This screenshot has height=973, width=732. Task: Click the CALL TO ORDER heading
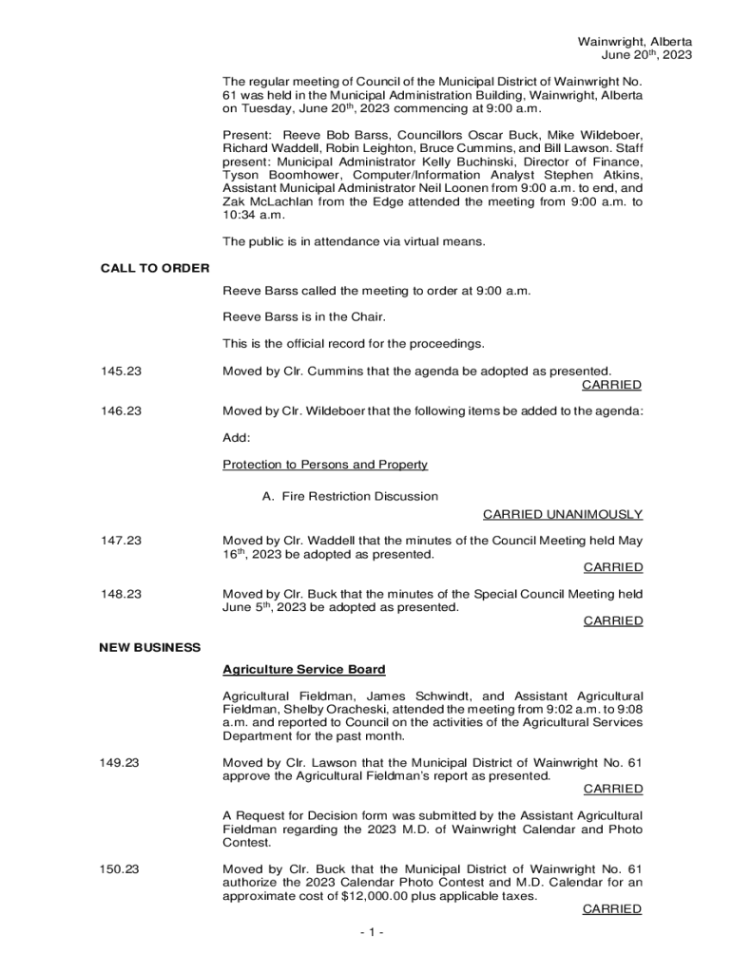[x=155, y=268]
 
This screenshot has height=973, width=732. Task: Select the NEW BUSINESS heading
[x=150, y=647]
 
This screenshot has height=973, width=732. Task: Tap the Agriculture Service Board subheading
[x=303, y=670]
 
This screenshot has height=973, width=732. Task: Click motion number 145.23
[x=121, y=371]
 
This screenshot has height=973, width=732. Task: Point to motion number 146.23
[x=121, y=411]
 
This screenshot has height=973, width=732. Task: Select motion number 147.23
[x=121, y=541]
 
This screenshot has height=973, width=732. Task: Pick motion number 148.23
[x=121, y=594]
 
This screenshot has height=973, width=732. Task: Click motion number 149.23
[x=121, y=762]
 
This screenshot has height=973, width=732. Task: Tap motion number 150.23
[x=121, y=868]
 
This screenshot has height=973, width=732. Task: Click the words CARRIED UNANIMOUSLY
[x=562, y=514]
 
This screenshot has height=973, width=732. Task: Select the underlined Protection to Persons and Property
[x=325, y=465]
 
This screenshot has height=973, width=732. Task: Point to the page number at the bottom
[x=372, y=932]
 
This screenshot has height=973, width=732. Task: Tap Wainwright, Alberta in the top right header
[x=634, y=42]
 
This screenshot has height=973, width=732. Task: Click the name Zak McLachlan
[x=270, y=202]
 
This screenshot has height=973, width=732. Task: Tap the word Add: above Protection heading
[x=237, y=438]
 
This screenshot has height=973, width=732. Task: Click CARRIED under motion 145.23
[x=611, y=385]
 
